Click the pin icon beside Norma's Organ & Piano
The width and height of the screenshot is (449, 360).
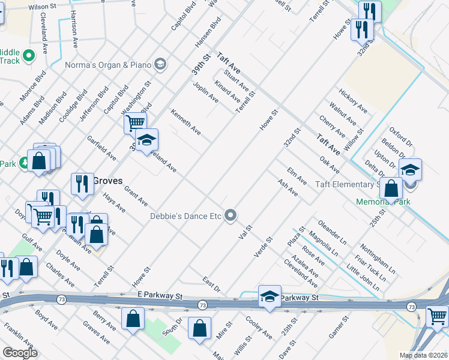tap(160, 64)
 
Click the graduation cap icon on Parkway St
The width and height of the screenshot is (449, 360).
tap(270, 296)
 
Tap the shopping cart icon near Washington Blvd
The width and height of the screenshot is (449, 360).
tap(135, 123)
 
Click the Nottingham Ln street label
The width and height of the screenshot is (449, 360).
tap(374, 257)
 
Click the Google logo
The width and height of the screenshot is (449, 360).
tap(20, 353)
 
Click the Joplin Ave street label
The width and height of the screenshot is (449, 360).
tap(206, 92)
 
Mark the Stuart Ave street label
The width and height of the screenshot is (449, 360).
tap(236, 80)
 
